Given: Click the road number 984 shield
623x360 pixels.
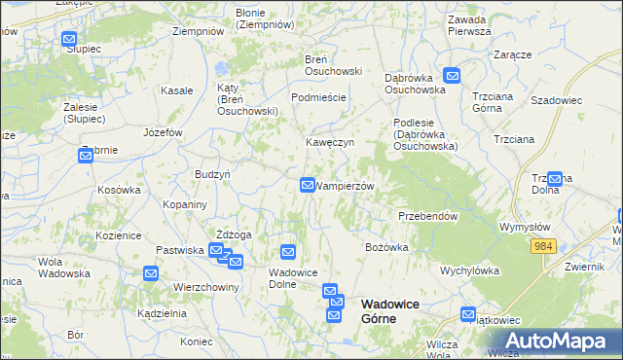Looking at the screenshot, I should click(x=543, y=248).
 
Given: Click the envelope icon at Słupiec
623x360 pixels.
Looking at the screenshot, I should click(x=69, y=40).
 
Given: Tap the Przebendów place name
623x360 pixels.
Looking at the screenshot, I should click(x=427, y=216).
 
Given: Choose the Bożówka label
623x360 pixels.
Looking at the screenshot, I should click(x=386, y=247).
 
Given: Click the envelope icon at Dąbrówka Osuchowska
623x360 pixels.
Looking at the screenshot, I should click(x=452, y=75).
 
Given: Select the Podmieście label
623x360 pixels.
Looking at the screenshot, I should click(x=319, y=98).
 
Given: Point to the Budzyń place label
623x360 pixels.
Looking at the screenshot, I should click(x=212, y=173).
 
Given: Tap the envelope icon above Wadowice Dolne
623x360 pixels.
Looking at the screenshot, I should click(x=287, y=253).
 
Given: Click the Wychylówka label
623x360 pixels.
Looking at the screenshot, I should click(x=469, y=270).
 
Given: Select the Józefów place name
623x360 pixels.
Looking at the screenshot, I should click(x=163, y=132).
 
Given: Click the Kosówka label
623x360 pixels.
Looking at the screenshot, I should click(x=120, y=190).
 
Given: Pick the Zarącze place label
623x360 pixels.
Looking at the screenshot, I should click(x=512, y=54).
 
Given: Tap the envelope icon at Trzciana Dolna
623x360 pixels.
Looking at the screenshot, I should click(x=555, y=178).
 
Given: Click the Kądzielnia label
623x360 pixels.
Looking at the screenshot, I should click(x=162, y=314).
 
